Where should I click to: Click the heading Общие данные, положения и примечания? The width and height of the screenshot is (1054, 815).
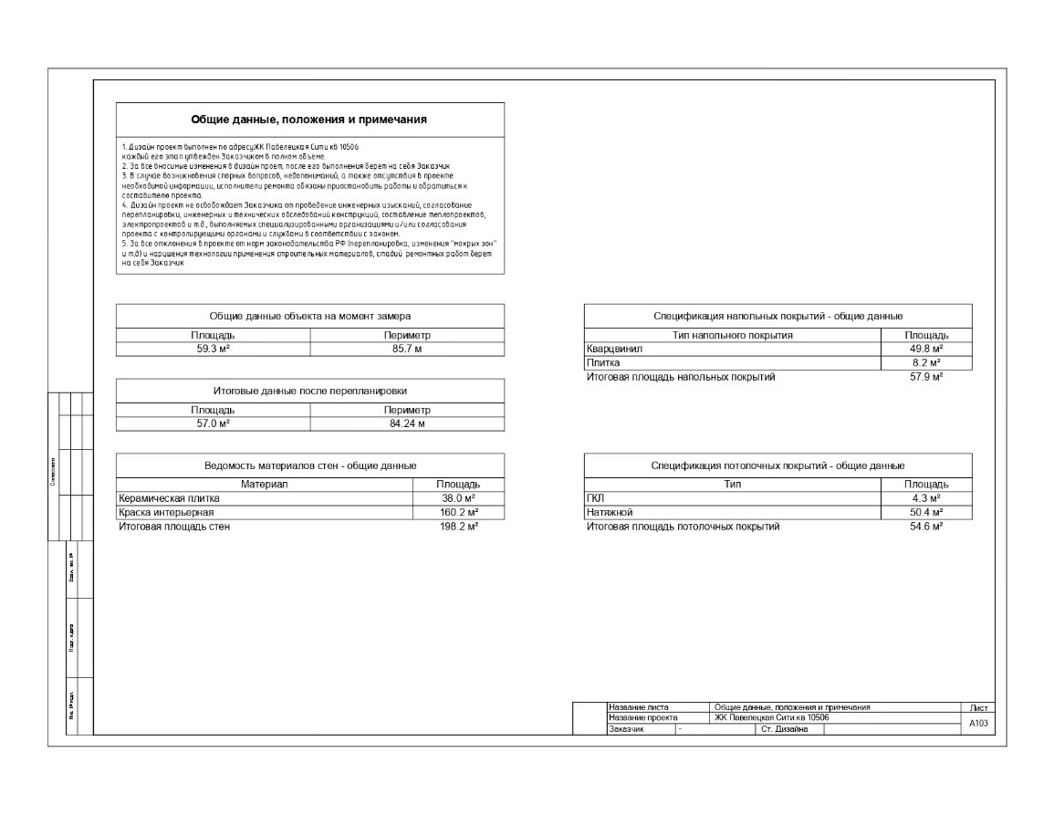(309, 120)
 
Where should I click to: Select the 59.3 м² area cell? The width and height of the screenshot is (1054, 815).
(213, 349)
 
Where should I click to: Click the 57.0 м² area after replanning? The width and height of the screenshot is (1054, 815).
(213, 423)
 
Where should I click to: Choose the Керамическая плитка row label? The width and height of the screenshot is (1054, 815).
(170, 498)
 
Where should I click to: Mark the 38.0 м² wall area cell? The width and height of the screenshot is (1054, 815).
(459, 498)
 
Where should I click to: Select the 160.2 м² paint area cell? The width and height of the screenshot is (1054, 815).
(459, 513)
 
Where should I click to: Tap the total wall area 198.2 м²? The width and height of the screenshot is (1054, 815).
(459, 527)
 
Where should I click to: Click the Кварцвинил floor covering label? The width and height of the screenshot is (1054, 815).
(615, 349)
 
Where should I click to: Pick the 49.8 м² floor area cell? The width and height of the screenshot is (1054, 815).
(925, 349)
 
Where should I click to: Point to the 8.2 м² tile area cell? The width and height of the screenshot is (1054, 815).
(925, 363)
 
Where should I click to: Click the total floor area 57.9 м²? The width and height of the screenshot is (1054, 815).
(925, 377)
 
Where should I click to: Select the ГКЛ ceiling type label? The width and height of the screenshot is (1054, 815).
(596, 498)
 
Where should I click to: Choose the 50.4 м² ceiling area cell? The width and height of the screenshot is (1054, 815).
(925, 513)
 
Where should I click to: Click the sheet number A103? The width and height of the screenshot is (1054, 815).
(977, 723)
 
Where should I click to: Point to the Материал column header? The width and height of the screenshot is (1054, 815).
(264, 484)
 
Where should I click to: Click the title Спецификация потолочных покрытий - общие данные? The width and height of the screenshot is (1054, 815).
(777, 465)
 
